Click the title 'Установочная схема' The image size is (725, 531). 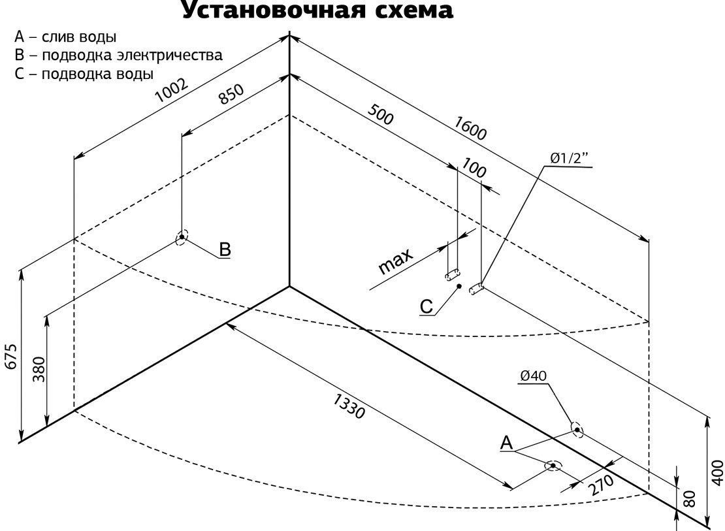pos(317,10)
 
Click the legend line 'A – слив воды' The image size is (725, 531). pos(65,37)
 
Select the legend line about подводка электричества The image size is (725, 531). pos(118,55)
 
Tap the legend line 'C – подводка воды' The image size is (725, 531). pos(84,74)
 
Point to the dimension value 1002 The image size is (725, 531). pos(172,90)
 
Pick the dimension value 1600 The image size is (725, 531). pos(470,127)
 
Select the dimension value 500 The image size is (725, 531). pos(381,114)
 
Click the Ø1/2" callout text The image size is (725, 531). pos(570,158)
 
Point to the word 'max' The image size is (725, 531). pos(395,262)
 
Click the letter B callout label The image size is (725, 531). pos(225,249)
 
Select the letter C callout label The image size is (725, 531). pos(427,307)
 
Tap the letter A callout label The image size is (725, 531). pos(507,443)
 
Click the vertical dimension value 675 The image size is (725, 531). pos(12,356)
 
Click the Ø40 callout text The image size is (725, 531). pos(533,376)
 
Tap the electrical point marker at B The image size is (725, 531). pos(182,237)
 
